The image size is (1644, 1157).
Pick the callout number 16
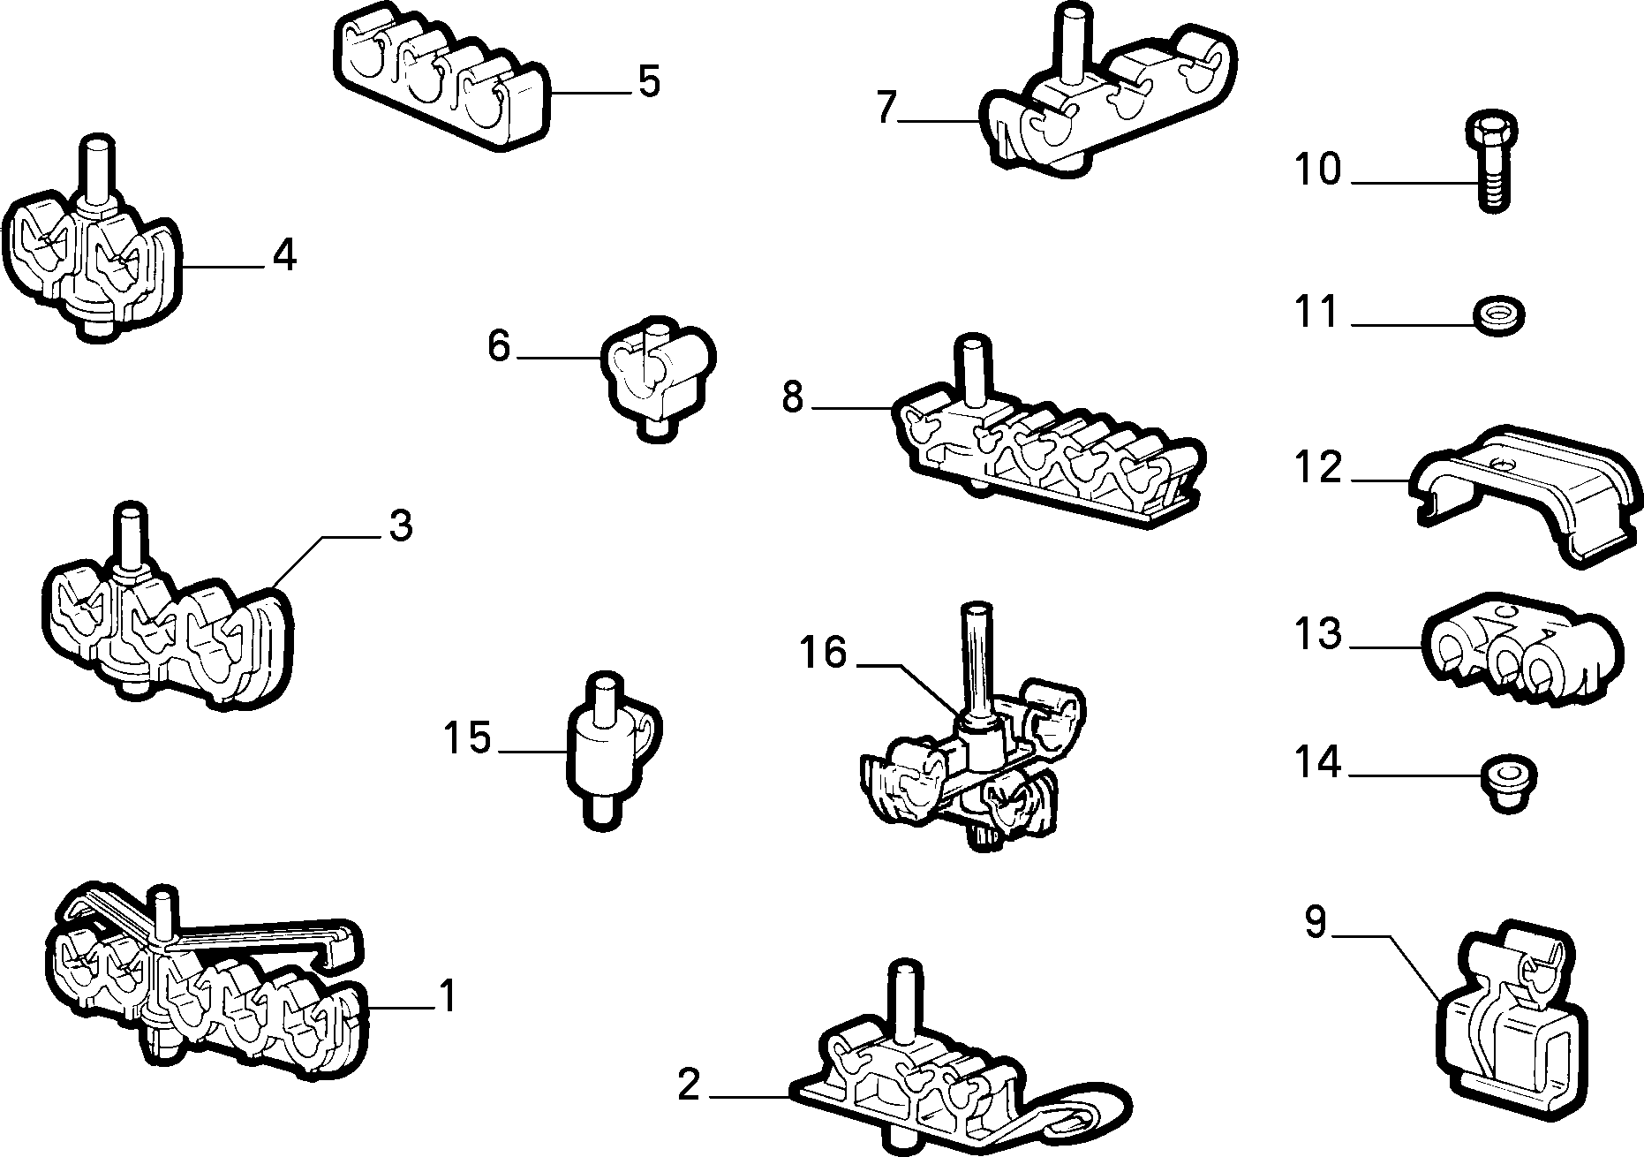(x=823, y=654)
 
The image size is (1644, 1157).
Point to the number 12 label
(x=1318, y=468)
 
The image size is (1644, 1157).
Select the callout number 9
(x=1316, y=922)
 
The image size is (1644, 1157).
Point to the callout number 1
(x=448, y=996)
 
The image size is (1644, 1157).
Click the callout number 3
(x=400, y=526)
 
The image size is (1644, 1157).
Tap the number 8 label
(x=792, y=398)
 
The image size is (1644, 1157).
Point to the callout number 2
(x=689, y=1085)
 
